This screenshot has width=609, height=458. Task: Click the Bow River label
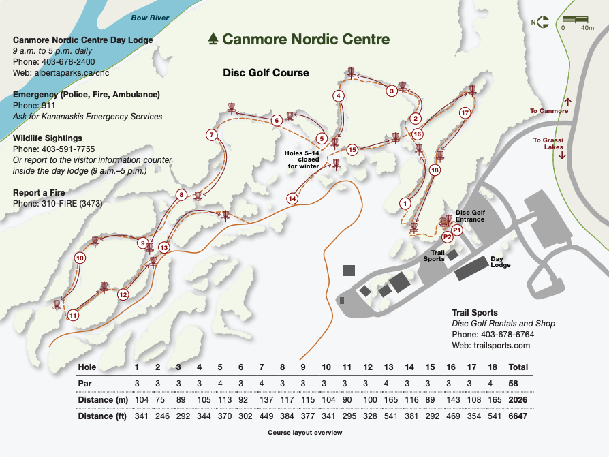point(150,18)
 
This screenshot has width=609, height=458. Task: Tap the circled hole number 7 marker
point(212,135)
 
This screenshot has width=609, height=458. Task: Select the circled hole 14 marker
point(292,199)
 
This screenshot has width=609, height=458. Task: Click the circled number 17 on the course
point(465,113)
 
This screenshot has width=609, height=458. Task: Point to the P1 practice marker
point(456,230)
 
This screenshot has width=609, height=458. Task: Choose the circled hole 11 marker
point(73,315)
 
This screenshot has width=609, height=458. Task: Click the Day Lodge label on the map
point(500,262)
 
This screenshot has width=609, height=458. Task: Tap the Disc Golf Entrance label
point(470,216)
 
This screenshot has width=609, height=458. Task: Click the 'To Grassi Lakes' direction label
point(548,144)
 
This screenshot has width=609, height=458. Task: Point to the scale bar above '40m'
point(575,19)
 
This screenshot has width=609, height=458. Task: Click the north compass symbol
point(544,22)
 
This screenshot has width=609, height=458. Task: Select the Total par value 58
point(513,384)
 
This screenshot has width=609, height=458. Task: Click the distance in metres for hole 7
point(266,400)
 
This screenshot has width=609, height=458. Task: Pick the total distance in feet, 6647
point(518,416)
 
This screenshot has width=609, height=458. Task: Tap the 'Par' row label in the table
point(84,384)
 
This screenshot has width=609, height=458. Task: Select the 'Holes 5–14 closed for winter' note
point(302,159)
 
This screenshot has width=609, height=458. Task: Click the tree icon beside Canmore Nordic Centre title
point(213,39)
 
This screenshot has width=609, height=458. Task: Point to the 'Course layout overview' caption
point(305,432)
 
